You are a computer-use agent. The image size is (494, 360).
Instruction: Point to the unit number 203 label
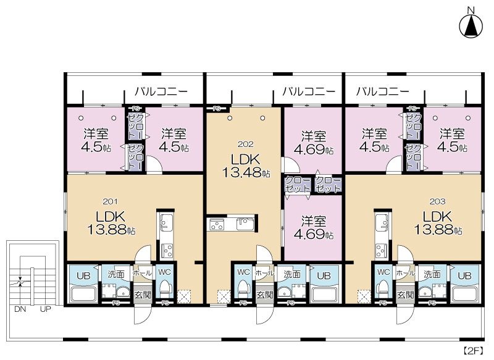[437, 201]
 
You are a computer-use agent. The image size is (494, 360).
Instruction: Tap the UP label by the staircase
[46, 309]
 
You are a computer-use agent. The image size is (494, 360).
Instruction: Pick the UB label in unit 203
[465, 274]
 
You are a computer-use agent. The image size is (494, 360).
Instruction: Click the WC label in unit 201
[164, 272]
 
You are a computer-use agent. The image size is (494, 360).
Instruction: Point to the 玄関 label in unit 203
[405, 295]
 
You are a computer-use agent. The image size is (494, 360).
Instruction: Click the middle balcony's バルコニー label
[309, 91]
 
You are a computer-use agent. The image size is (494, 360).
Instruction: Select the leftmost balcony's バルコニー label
[161, 91]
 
